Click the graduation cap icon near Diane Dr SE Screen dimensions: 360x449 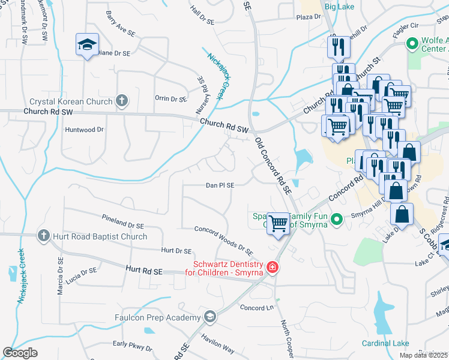point(86,44)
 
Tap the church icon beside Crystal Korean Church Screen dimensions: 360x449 point(122,101)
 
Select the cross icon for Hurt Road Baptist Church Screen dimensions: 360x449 point(43,236)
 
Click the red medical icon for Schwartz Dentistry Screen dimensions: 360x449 point(272,266)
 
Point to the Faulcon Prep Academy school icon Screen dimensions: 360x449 point(209,317)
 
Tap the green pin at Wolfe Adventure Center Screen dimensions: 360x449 point(412,44)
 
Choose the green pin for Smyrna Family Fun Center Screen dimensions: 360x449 point(336,220)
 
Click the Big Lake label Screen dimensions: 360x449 point(339,7)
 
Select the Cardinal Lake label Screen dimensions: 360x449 point(385,343)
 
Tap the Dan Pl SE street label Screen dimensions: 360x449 point(220,185)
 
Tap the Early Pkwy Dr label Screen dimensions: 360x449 point(130,344)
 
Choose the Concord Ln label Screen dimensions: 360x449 point(257,308)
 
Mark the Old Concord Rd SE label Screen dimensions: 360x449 point(273,166)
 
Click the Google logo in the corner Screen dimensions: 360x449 point(20,352)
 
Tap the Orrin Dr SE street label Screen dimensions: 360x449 point(171,99)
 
